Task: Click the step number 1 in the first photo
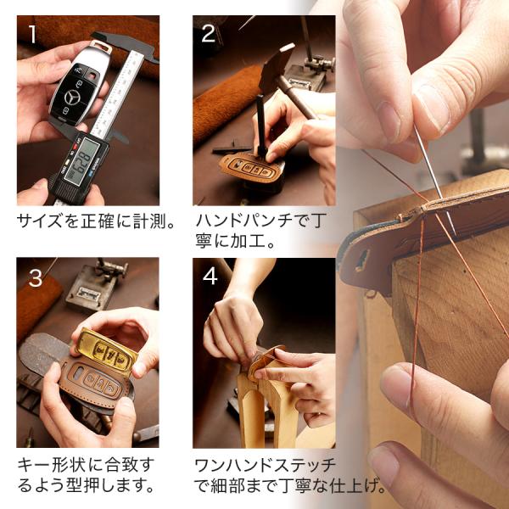(32, 34)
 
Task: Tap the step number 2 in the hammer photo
(208, 33)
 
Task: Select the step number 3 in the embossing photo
(35, 278)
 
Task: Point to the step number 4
(210, 277)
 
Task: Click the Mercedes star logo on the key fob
(72, 98)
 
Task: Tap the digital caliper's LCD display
(81, 160)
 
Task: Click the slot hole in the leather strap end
(362, 260)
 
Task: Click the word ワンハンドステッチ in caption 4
(265, 466)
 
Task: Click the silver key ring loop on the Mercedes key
(101, 47)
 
